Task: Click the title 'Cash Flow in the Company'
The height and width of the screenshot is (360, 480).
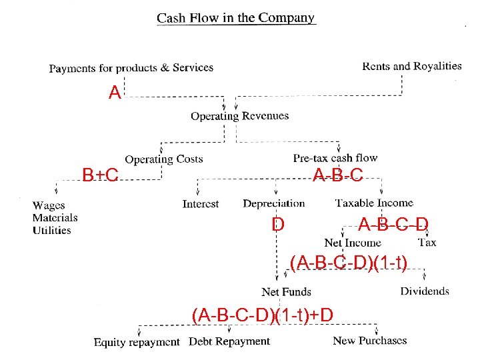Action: pos(236,18)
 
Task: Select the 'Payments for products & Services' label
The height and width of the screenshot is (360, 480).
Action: pos(131,67)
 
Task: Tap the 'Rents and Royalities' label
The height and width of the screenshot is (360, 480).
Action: pos(411,66)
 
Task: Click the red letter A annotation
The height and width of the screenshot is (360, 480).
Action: pos(115,93)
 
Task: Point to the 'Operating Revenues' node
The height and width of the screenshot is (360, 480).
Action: pos(240,116)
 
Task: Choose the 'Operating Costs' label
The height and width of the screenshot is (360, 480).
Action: pos(164,159)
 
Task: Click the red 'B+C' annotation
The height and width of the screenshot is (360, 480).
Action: pos(100,175)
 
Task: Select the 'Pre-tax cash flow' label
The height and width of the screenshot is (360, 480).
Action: pos(335,158)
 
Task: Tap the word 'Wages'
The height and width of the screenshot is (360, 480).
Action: pos(49,205)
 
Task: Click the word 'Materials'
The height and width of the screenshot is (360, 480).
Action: pos(55,217)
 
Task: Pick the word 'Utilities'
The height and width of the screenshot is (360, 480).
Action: pos(51,230)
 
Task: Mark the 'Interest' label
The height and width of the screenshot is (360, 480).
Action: pos(201,204)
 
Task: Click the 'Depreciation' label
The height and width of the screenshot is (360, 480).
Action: pos(274,203)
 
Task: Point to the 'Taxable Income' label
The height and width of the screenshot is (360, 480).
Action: pos(374,203)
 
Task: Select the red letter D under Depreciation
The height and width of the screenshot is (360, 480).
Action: pos(278,224)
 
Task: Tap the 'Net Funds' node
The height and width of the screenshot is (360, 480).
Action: pos(287,291)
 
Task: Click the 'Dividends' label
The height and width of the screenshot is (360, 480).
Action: pos(425,291)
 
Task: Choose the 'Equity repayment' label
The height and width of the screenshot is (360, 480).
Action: pos(137,342)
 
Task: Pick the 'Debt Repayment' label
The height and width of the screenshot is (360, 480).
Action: pos(229,341)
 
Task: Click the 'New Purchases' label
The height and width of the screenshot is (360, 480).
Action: pos(369,341)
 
